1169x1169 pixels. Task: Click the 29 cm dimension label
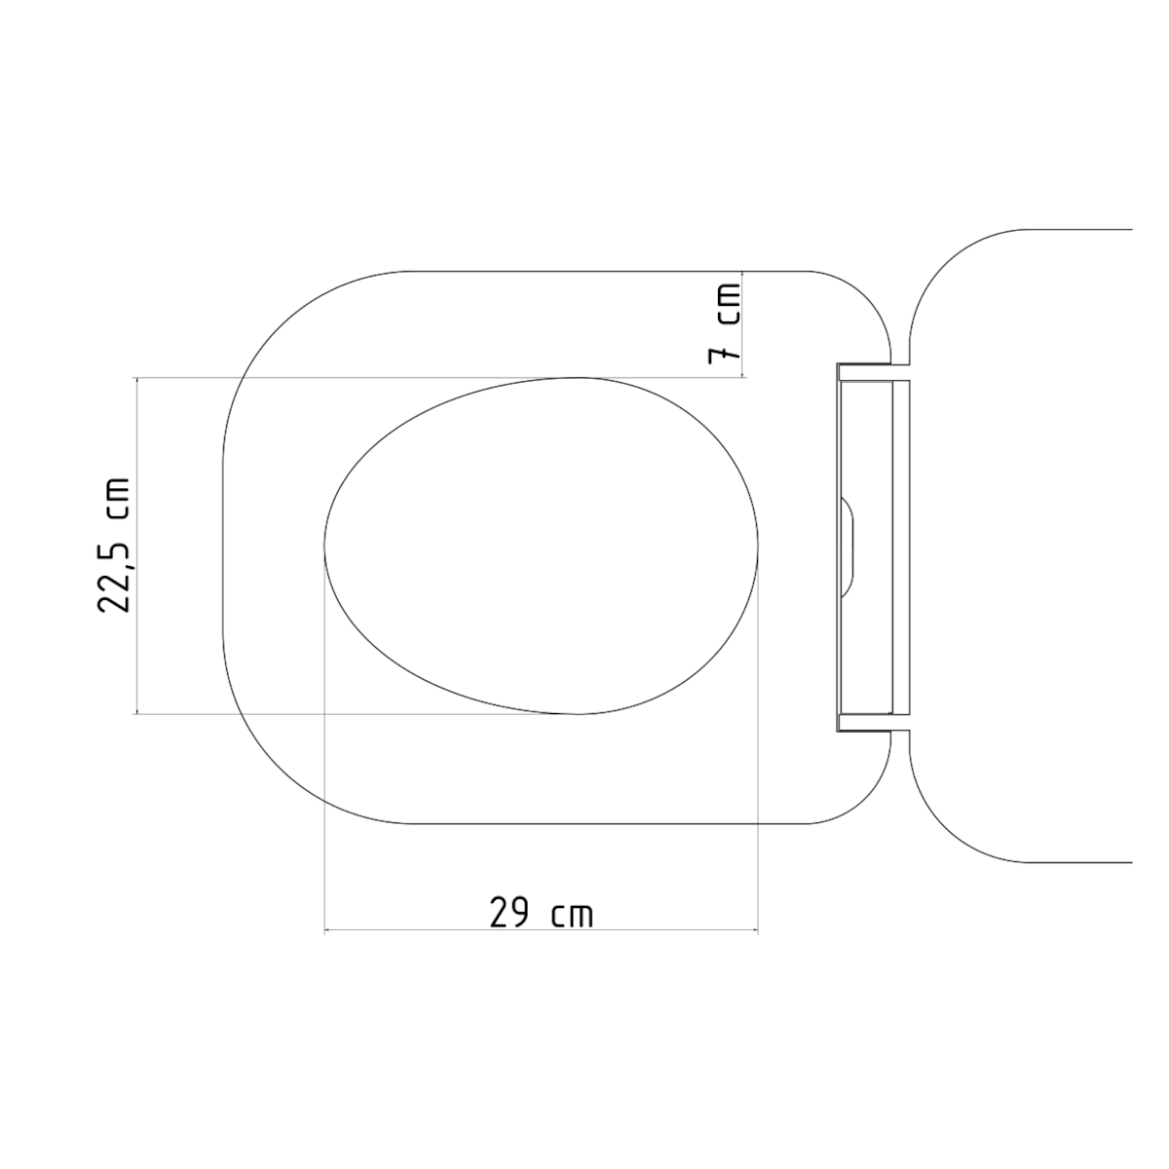[541, 914]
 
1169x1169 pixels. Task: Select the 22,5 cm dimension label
[115, 546]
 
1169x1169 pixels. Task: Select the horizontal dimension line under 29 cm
[541, 931]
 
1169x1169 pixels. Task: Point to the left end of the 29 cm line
[324, 931]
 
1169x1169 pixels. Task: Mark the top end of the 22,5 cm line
[136, 378]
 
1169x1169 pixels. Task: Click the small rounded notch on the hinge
[848, 546]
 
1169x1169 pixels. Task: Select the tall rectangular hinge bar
[867, 546]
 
